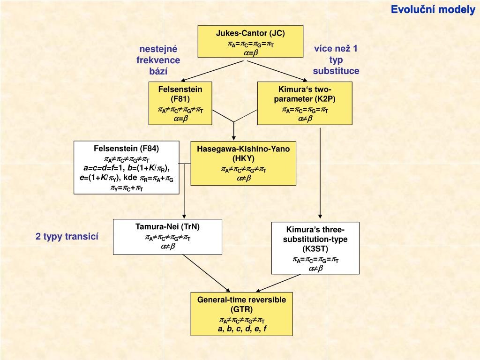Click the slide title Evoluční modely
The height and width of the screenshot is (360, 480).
tap(433, 10)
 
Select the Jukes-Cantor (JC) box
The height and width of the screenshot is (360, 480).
tap(250, 42)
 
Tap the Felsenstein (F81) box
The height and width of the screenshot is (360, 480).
tap(180, 104)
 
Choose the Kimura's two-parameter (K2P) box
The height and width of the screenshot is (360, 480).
tap(305, 104)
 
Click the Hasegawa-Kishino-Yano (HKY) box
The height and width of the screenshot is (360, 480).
tap(243, 163)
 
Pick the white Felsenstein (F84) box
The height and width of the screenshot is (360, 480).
tap(127, 167)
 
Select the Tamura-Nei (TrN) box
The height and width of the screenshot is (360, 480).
tap(167, 237)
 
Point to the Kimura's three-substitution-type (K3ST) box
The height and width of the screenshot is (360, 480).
tap(315, 248)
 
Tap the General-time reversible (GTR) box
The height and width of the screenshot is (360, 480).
tap(241, 314)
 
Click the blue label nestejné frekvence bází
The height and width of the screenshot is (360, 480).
tap(158, 60)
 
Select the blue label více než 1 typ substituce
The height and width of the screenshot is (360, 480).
tap(336, 60)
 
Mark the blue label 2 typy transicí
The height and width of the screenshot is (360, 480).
tap(67, 237)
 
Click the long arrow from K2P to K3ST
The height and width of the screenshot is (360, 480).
tap(320, 173)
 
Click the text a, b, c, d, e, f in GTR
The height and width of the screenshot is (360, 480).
tap(242, 329)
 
